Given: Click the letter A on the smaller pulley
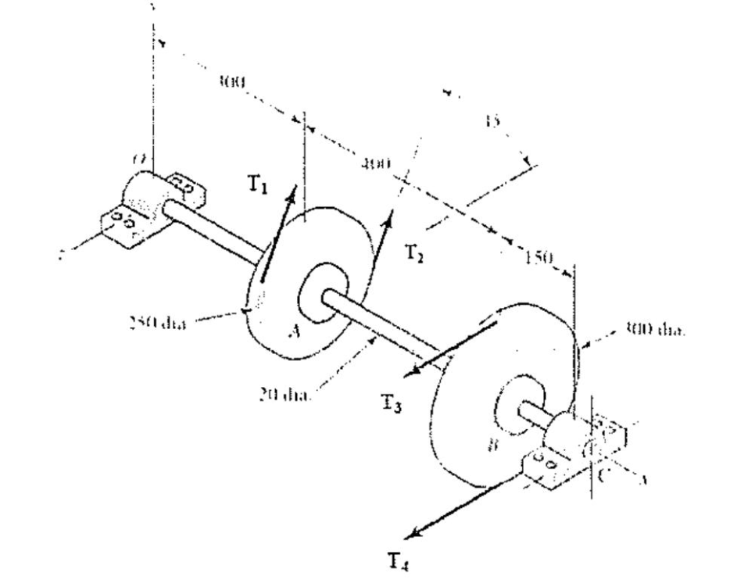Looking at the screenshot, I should (x=294, y=331).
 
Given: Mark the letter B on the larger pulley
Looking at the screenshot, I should (x=493, y=446).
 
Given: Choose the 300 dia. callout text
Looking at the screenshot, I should (x=655, y=331).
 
